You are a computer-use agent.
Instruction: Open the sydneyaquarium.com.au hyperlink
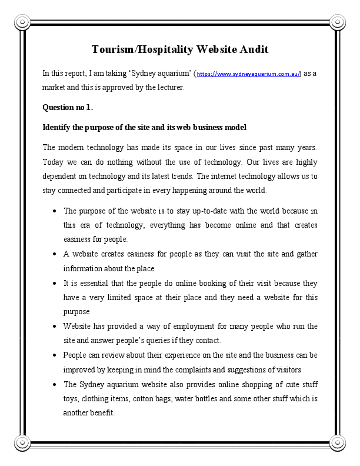[x=248, y=74]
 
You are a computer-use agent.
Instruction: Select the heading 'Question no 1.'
[x=68, y=108]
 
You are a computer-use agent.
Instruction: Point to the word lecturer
[x=168, y=88]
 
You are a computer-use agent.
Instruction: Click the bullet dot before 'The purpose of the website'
[x=54, y=211]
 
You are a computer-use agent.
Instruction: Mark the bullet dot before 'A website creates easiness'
[x=54, y=254]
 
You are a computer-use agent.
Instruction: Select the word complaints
[x=195, y=370]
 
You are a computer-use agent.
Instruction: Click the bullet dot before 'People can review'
[x=54, y=355]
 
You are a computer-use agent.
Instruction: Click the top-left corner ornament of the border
[x=22, y=22]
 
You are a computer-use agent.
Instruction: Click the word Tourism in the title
[x=114, y=49]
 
